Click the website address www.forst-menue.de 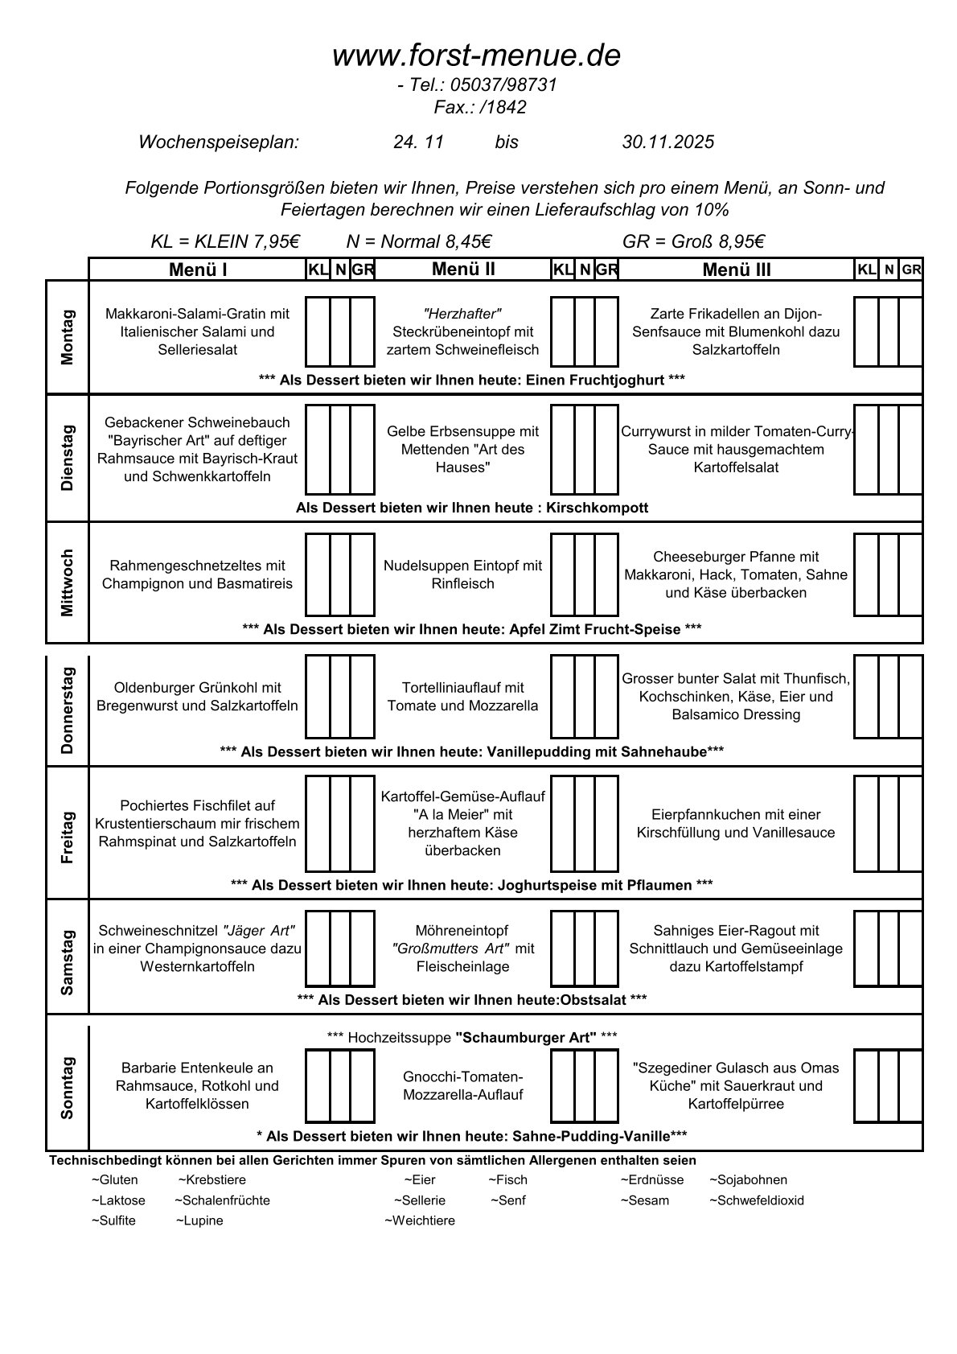[476, 56]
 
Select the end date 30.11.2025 [667, 142]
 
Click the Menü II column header [463, 270]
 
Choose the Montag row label [67, 337]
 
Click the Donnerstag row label [67, 710]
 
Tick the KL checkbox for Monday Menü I [318, 331]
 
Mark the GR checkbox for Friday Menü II [607, 824]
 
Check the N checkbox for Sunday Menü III [888, 1085]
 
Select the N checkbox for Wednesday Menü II [585, 574]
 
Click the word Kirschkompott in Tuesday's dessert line [597, 508]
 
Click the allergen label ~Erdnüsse [651, 1180]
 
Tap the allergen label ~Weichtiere [420, 1220]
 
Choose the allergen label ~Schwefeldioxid [756, 1200]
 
